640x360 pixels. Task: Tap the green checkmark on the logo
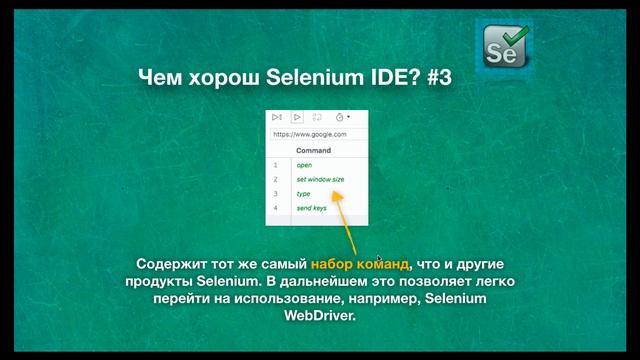(x=516, y=37)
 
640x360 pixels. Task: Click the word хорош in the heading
(x=214, y=77)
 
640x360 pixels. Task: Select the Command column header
(x=313, y=150)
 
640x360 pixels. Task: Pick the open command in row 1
(x=304, y=164)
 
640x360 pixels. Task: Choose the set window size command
(x=320, y=179)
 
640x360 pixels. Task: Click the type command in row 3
(x=304, y=193)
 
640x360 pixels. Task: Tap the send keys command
(x=312, y=208)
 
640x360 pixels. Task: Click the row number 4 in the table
(x=275, y=208)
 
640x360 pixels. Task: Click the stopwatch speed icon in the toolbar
(x=341, y=117)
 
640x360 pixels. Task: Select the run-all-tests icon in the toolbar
(x=277, y=117)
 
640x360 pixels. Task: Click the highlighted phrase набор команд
(x=360, y=263)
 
